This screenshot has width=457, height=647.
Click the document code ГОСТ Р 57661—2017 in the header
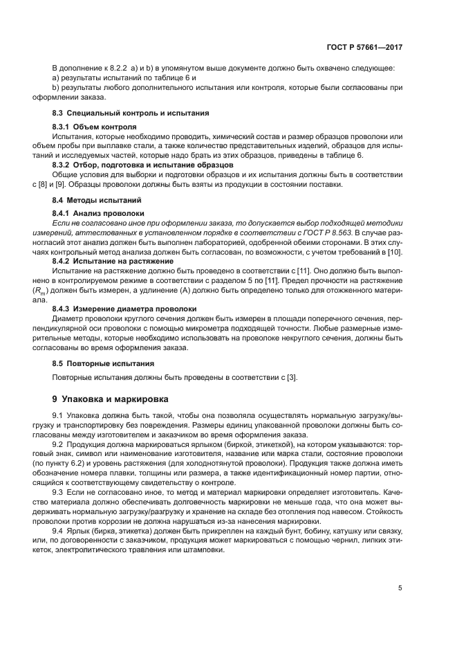click(x=365, y=49)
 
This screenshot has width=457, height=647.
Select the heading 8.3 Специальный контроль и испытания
click(x=131, y=112)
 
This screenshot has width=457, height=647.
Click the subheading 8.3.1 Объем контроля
click(x=95, y=127)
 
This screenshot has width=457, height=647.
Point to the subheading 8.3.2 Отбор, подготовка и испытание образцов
click(x=143, y=164)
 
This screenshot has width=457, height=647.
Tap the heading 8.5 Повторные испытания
click(x=103, y=363)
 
